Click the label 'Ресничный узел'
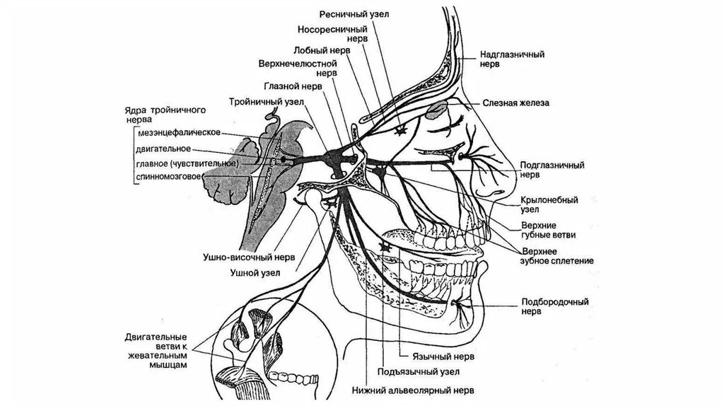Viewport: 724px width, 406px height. point(363,14)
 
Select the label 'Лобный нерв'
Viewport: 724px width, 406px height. point(318,52)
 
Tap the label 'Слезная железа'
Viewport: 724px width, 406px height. point(516,103)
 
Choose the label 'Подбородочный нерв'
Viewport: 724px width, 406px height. point(555,305)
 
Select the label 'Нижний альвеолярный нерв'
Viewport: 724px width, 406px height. point(413,390)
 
